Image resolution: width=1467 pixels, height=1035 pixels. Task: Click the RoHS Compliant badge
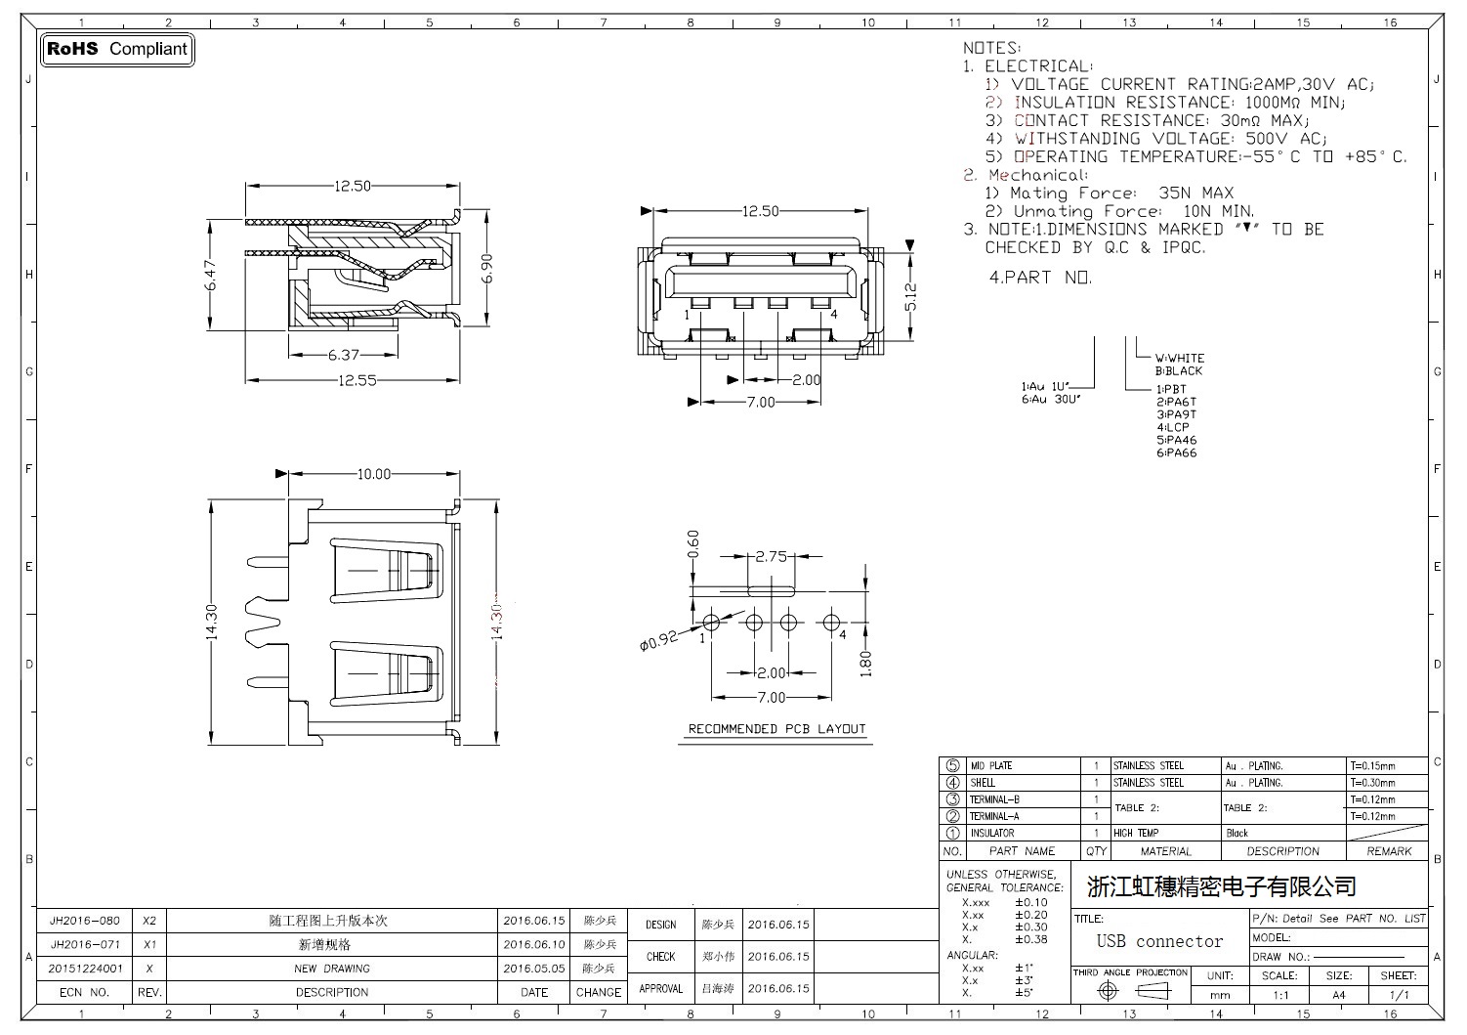click(x=117, y=49)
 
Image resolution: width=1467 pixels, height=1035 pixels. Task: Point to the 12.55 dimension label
click(x=357, y=380)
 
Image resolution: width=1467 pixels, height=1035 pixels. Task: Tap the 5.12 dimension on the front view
click(x=910, y=297)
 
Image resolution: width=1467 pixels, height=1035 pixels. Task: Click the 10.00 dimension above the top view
click(x=373, y=474)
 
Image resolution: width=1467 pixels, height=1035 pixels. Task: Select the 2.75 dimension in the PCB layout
click(x=772, y=556)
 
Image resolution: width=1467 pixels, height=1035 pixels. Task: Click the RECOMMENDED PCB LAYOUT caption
click(x=776, y=729)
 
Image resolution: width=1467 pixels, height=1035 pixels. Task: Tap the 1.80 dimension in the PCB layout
click(x=864, y=663)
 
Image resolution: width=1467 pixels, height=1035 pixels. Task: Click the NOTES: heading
click(x=991, y=48)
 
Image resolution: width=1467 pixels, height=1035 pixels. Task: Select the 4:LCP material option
click(x=1173, y=427)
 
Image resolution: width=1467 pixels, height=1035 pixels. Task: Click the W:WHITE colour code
click(x=1180, y=358)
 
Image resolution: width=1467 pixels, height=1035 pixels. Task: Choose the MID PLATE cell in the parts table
click(x=991, y=766)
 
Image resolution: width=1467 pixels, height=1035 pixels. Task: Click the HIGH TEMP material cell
click(x=1136, y=833)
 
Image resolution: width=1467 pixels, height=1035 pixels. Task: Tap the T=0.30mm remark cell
click(x=1372, y=783)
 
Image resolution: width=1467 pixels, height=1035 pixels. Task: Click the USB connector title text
click(x=1159, y=941)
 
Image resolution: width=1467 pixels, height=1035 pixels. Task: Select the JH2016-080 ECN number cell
click(x=85, y=921)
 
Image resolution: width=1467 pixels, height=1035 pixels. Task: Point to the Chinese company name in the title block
click(x=1221, y=886)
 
